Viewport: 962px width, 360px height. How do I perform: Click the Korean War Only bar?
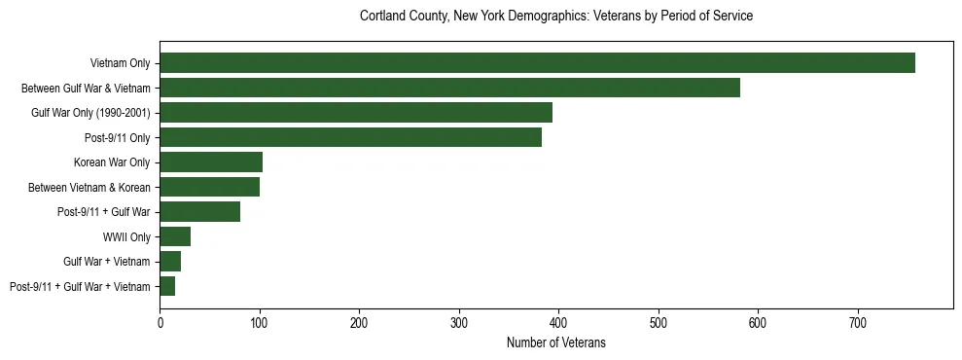coord(211,162)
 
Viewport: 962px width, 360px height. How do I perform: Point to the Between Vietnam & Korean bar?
coord(209,187)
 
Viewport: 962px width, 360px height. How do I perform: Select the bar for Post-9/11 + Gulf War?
coord(199,211)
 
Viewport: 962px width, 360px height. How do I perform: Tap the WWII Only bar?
coord(175,236)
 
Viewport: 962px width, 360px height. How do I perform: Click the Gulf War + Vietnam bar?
coord(170,261)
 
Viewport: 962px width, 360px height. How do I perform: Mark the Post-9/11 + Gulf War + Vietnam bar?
coord(167,286)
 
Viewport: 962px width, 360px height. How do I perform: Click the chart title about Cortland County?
coord(556,17)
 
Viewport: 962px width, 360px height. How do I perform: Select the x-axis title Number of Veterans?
coord(556,342)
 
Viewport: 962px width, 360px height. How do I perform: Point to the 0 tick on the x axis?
coord(160,322)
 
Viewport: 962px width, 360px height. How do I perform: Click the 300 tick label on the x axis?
coord(459,322)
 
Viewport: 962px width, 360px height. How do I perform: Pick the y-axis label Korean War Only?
coord(112,162)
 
